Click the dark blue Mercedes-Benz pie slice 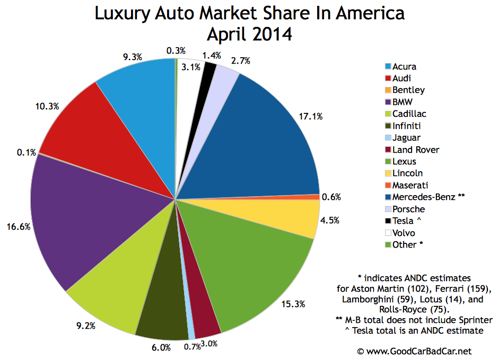265,138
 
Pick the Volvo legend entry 404,233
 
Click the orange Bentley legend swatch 388,91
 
